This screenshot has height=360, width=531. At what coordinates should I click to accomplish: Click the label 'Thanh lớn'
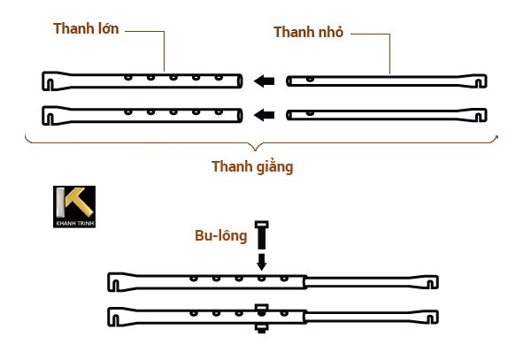[x=86, y=28]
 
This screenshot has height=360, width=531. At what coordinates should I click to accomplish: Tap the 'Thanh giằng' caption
[x=252, y=165]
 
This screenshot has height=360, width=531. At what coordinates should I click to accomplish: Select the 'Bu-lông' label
[x=221, y=236]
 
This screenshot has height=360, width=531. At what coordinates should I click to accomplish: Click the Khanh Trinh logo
[x=73, y=207]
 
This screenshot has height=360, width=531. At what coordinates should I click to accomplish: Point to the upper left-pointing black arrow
[x=263, y=81]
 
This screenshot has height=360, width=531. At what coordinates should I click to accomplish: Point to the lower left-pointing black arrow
[x=263, y=114]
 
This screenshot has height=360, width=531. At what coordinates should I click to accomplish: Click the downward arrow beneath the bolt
[x=261, y=262]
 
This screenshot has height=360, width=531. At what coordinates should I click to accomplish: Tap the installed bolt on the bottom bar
[x=261, y=317]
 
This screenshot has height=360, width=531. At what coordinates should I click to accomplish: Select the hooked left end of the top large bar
[x=50, y=81]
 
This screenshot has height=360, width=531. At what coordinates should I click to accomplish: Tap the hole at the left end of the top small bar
[x=308, y=80]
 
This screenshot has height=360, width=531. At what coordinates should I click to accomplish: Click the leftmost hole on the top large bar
[x=128, y=78]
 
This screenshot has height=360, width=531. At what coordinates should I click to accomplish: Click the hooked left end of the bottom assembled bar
[x=114, y=316]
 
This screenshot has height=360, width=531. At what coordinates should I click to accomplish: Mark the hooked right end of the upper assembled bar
[x=431, y=282]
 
